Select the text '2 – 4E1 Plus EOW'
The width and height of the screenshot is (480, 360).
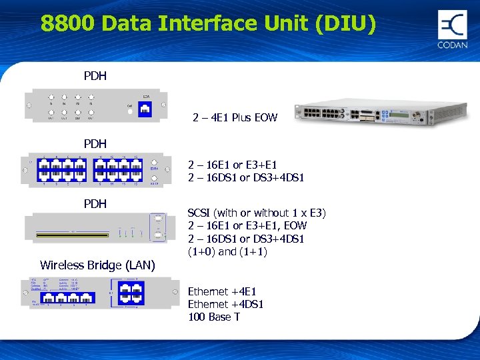[235, 118]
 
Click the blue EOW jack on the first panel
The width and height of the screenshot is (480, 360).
[143, 109]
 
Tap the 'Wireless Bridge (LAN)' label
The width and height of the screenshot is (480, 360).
[97, 265]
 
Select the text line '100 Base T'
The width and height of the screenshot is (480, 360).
[213, 317]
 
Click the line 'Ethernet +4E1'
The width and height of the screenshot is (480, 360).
[221, 291]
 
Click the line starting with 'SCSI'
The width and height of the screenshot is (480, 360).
[257, 213]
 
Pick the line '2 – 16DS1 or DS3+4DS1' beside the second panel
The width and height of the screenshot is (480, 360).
[246, 177]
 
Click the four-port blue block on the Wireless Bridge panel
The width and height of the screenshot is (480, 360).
[129, 293]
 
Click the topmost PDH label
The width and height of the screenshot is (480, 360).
[95, 76]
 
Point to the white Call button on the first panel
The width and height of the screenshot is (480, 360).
[129, 111]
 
